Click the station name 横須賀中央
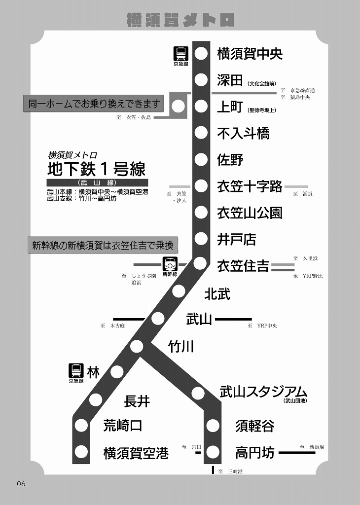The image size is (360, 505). click(x=250, y=54)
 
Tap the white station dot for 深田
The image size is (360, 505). click(x=201, y=80)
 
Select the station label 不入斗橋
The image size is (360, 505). click(x=243, y=133)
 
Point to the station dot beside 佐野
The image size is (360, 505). click(x=201, y=160)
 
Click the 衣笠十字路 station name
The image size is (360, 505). click(x=250, y=186)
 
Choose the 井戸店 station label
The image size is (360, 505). click(x=237, y=240)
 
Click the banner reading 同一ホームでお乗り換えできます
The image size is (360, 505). click(x=95, y=104)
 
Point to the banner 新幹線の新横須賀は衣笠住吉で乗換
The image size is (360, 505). click(x=103, y=245)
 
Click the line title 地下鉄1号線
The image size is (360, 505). click(x=96, y=169)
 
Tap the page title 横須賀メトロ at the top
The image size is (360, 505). click(x=180, y=20)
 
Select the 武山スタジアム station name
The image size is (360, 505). click(x=263, y=392)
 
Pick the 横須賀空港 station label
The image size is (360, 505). click(x=136, y=453)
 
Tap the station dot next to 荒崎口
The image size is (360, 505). click(x=81, y=425)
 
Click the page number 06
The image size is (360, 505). click(x=21, y=484)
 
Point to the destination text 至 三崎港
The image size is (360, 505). click(x=230, y=472)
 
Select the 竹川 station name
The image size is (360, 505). click(x=180, y=347)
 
